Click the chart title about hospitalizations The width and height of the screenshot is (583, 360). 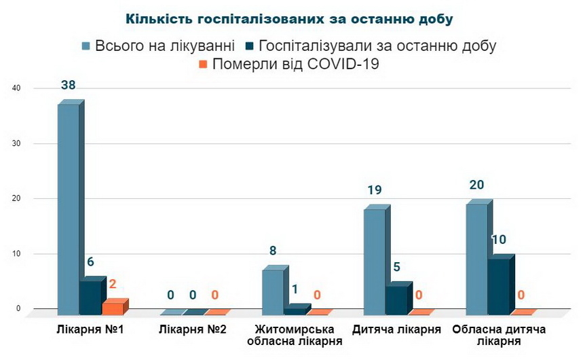(289, 19)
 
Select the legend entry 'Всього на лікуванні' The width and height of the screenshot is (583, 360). (158, 46)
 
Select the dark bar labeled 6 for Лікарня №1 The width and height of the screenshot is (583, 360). (91, 297)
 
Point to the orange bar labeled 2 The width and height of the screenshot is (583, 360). (113, 308)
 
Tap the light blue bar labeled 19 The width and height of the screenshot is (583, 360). (374, 262)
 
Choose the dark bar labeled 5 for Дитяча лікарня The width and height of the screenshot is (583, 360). (396, 300)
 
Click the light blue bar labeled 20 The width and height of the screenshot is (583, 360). (476, 258)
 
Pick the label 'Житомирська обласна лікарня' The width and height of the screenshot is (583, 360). (294, 336)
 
